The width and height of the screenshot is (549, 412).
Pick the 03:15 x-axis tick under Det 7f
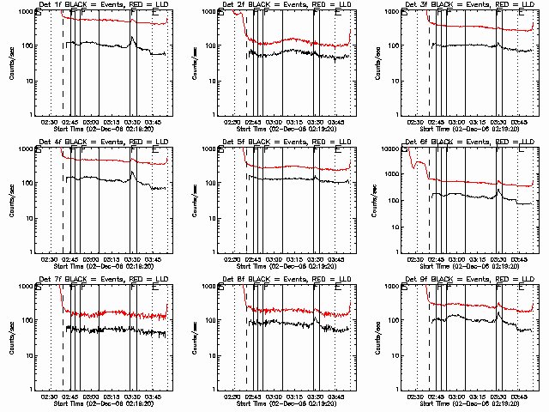113,397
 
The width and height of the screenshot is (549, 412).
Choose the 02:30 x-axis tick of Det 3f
416,122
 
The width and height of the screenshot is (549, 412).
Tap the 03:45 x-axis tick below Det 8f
336,397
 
